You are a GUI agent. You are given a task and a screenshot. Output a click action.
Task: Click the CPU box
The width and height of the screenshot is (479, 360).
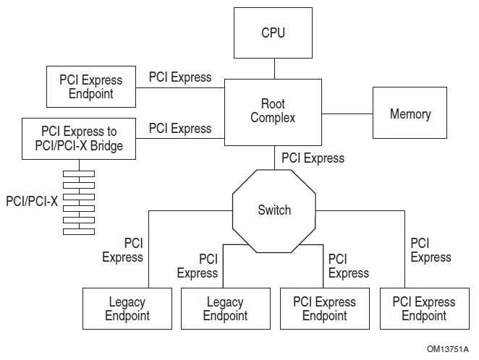274,33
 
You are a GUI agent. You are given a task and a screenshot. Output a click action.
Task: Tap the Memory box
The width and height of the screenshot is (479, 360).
410,113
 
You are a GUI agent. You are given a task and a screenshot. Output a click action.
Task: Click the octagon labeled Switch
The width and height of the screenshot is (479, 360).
274,210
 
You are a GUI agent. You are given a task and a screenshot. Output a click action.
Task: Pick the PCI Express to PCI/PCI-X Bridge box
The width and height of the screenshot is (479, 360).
79,139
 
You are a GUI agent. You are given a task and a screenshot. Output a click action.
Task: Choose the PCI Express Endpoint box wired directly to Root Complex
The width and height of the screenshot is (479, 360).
90,87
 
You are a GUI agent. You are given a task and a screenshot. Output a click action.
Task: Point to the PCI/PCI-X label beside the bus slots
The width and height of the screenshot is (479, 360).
31,201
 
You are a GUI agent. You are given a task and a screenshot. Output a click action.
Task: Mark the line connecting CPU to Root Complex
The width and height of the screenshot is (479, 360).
274,69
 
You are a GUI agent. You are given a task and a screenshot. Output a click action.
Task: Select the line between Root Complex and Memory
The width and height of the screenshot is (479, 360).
347,113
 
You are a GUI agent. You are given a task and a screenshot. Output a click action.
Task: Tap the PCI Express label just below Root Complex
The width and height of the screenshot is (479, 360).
313,158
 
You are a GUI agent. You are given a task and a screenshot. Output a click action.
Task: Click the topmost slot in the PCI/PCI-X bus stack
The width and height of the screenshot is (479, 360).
79,173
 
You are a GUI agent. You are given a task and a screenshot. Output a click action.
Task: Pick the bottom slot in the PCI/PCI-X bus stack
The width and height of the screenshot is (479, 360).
79,231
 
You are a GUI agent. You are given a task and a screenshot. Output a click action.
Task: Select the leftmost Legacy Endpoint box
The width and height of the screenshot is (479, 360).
127,309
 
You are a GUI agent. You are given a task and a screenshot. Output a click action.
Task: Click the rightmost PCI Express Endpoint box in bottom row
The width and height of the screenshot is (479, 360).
423,309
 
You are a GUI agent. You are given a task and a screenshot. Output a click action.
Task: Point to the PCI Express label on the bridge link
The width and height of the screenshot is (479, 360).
180,129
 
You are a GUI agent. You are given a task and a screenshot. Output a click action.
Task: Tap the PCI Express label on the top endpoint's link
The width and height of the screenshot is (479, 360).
180,77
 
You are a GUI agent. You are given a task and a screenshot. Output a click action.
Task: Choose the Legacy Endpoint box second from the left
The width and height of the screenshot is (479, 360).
225,309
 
